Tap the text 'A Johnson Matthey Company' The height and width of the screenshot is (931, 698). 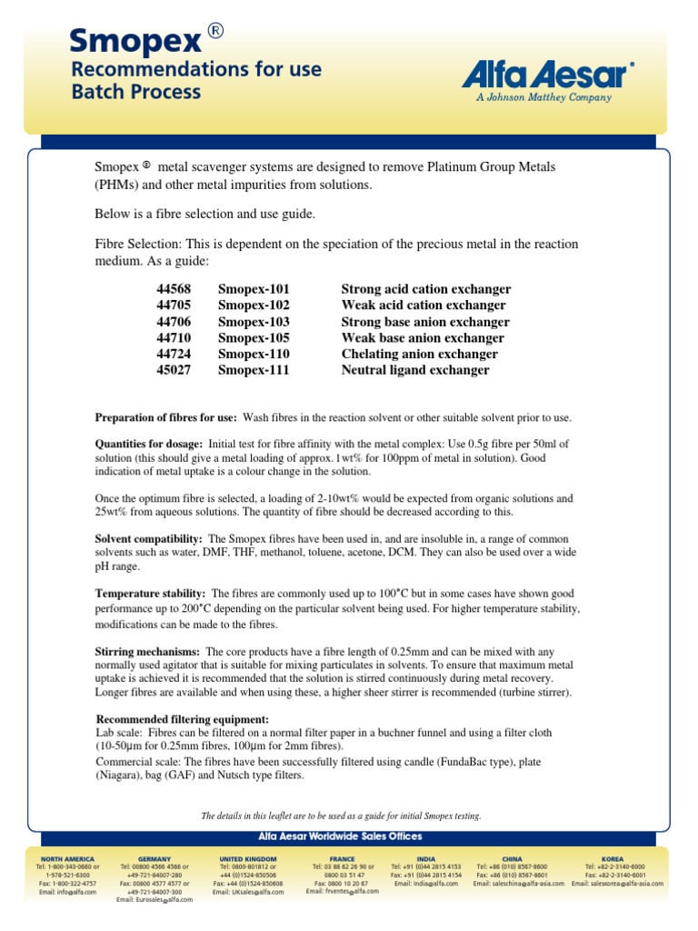pos(543,97)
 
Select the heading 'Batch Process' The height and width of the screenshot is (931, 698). pos(135,92)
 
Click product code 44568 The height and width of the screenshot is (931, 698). pos(174,289)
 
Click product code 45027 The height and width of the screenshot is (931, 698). pos(174,371)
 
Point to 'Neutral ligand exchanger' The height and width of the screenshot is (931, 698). pos(414,371)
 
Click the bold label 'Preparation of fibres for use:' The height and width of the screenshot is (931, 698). pos(166,417)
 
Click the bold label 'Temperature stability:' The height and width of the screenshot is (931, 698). pos(150,593)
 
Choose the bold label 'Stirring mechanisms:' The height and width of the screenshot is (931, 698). pos(147,652)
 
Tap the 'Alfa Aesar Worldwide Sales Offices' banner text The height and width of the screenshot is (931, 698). pos(348,836)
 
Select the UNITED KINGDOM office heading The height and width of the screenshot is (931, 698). pos(247,858)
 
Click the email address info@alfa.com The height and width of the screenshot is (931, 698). pos(69,892)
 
